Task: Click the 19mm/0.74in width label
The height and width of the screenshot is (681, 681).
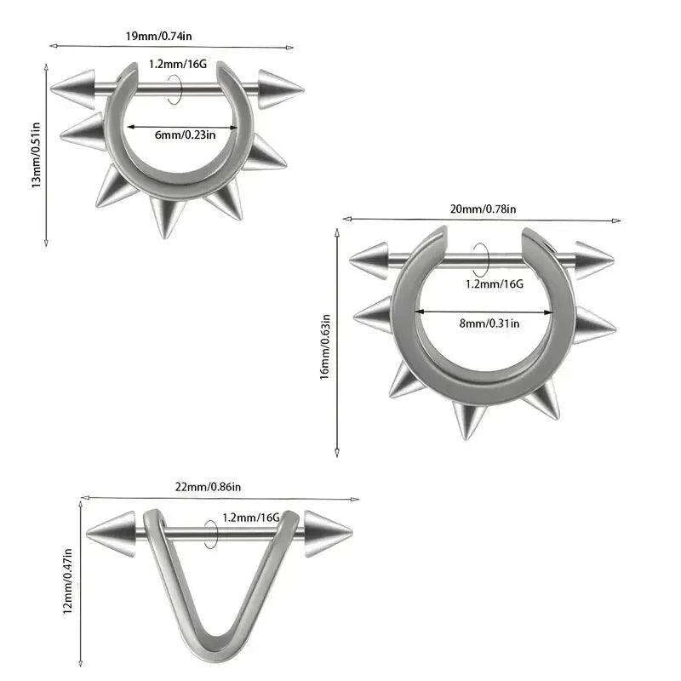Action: click(159, 36)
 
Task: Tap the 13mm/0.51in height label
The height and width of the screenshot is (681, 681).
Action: click(36, 155)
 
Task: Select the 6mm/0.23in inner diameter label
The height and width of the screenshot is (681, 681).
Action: click(185, 134)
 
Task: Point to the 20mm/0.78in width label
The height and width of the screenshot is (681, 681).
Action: click(483, 209)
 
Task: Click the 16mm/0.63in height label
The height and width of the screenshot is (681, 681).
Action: click(325, 347)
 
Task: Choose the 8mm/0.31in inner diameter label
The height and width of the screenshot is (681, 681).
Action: click(489, 323)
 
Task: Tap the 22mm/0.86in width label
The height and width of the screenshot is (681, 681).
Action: click(208, 487)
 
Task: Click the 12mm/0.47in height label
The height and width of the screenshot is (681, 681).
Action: click(67, 581)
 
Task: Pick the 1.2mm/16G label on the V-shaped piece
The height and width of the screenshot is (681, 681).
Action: click(251, 518)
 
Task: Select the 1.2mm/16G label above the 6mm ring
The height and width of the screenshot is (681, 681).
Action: click(178, 65)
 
